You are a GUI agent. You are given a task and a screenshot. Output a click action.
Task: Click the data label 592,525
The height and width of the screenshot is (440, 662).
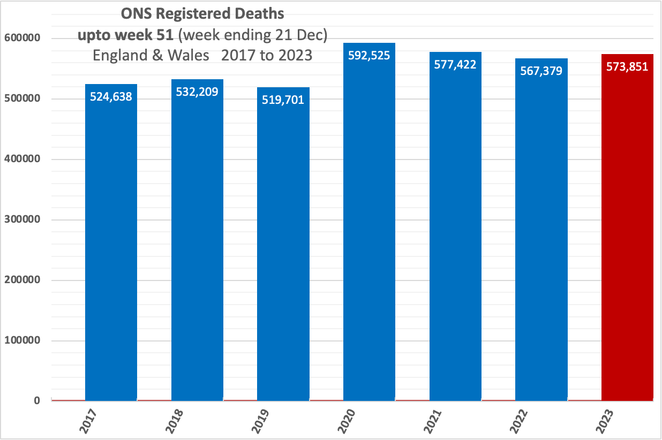coord(369,55)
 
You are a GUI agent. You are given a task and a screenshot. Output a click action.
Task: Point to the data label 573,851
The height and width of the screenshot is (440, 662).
coord(627,67)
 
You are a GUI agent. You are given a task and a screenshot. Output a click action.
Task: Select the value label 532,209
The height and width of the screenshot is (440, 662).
coord(197,92)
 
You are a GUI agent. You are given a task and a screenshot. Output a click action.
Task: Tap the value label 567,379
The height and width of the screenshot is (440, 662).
coord(541,71)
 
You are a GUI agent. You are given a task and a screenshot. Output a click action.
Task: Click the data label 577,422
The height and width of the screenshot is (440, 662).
coord(455,65)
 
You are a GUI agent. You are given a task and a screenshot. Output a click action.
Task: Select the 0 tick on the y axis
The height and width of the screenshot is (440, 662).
coord(36,400)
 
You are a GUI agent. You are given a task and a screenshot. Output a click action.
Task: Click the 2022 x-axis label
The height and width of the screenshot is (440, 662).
coord(520,421)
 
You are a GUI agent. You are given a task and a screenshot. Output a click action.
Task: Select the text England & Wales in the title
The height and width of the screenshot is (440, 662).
coord(151,55)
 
